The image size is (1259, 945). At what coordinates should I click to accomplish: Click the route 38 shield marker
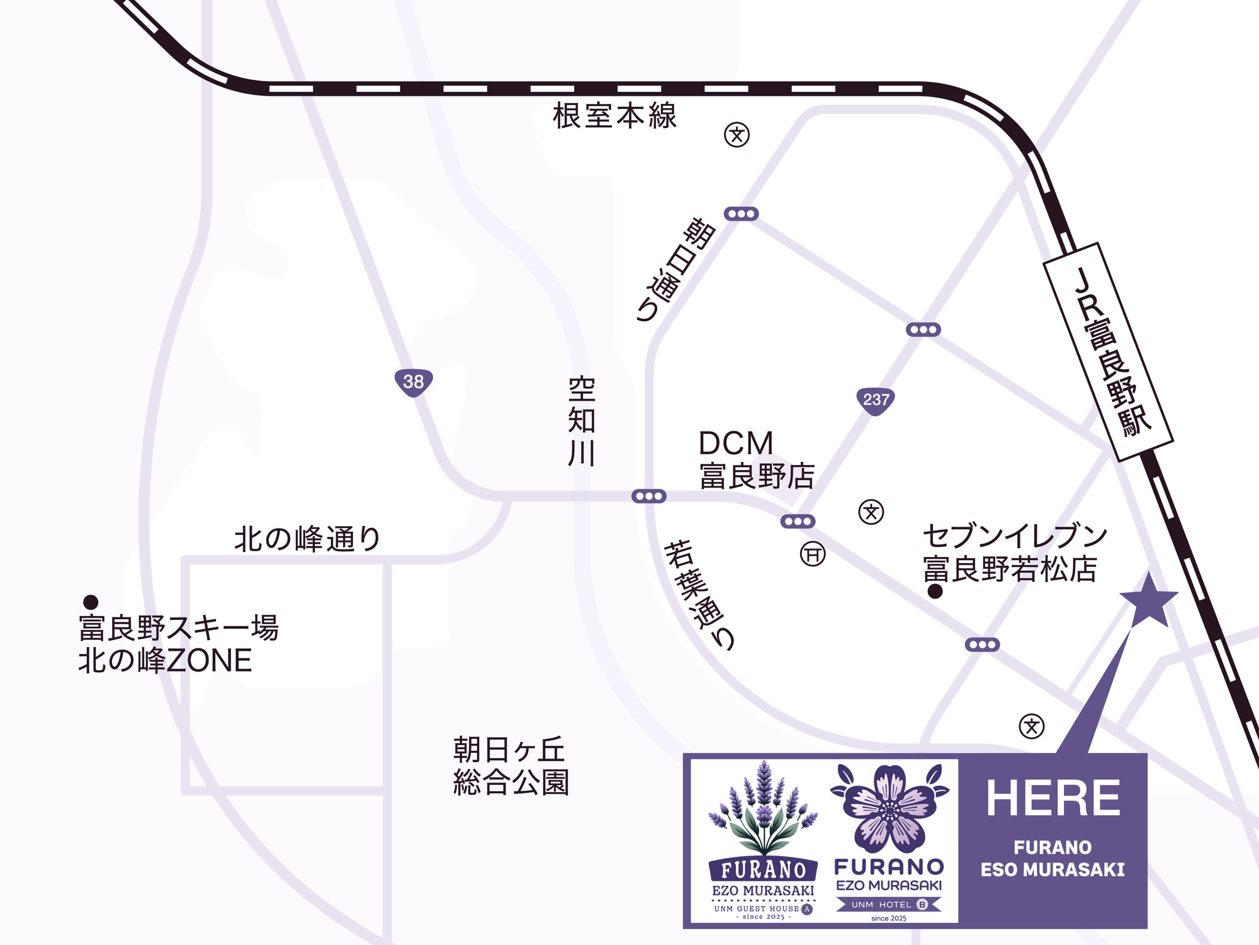(414, 382)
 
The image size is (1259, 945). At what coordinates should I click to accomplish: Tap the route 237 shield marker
(876, 400)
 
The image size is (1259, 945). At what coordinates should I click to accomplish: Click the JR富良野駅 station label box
(1109, 352)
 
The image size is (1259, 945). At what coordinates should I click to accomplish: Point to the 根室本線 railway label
(614, 117)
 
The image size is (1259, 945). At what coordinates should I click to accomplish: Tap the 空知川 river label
(582, 421)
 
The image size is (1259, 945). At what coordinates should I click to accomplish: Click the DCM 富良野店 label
(756, 460)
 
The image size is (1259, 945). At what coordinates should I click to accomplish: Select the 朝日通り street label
(675, 270)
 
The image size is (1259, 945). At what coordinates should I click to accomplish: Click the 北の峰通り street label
(307, 539)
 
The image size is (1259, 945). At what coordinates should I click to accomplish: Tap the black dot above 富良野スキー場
(91, 602)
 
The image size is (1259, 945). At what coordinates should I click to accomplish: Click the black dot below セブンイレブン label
(935, 592)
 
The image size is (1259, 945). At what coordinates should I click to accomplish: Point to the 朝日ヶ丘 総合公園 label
(511, 766)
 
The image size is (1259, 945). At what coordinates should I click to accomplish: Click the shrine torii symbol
(813, 554)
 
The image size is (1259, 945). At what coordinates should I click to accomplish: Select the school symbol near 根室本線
(737, 135)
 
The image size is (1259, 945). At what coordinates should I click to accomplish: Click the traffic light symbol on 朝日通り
(741, 214)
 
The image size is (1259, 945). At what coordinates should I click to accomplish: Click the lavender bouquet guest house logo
(763, 840)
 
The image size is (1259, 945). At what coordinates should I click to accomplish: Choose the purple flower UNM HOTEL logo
(889, 842)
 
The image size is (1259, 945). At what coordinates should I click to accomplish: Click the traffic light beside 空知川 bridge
(649, 496)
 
